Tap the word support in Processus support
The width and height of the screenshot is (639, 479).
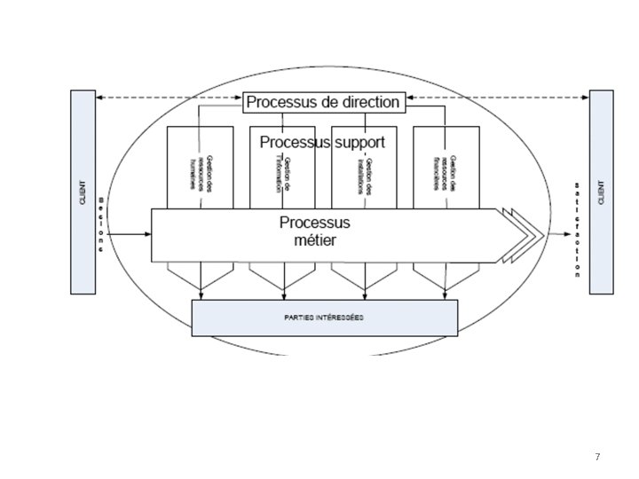[360, 142]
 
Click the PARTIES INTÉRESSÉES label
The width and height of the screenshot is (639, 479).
[325, 318]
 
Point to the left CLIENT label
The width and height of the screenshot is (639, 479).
[83, 192]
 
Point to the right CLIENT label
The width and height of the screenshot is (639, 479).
[601, 192]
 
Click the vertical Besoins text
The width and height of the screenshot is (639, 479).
[102, 225]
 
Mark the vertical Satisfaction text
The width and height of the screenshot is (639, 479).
[577, 230]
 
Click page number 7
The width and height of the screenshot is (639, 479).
[597, 457]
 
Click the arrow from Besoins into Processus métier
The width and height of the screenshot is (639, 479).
[129, 235]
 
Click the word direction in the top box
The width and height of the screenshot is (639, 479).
[366, 102]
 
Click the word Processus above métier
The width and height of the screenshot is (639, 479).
[315, 222]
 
